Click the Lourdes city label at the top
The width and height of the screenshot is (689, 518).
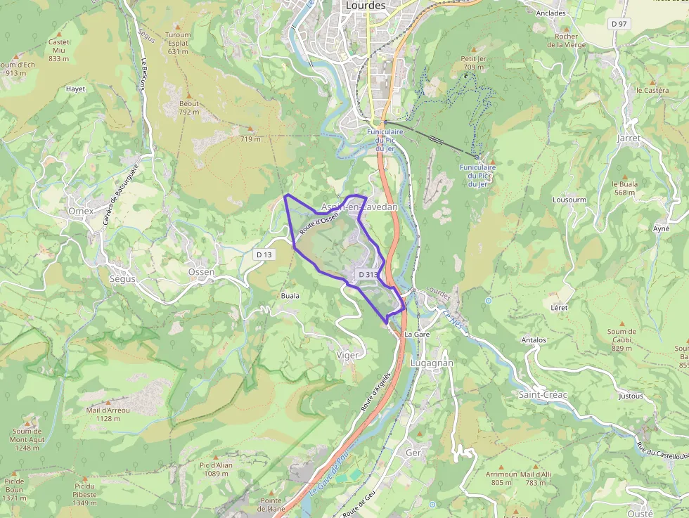366,6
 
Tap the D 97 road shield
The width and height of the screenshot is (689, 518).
619,24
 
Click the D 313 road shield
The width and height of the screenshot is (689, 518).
368,274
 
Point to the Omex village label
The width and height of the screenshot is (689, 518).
81,211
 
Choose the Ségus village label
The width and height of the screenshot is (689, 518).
122,278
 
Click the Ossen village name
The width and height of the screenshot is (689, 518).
201,272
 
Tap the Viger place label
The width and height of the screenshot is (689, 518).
347,355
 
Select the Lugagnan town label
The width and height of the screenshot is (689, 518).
432,363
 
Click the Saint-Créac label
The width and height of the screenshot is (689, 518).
542,394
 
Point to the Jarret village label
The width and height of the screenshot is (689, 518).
629,138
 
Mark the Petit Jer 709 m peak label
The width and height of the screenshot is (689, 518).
473,63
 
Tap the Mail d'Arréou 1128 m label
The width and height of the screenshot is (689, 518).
108,414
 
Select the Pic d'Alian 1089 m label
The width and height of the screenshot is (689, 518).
216,469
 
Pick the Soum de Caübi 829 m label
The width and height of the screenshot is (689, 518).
622,339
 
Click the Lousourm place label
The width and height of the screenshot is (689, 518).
569,200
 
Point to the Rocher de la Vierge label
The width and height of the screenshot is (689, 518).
566,40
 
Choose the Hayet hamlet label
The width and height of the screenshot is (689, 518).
75,89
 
